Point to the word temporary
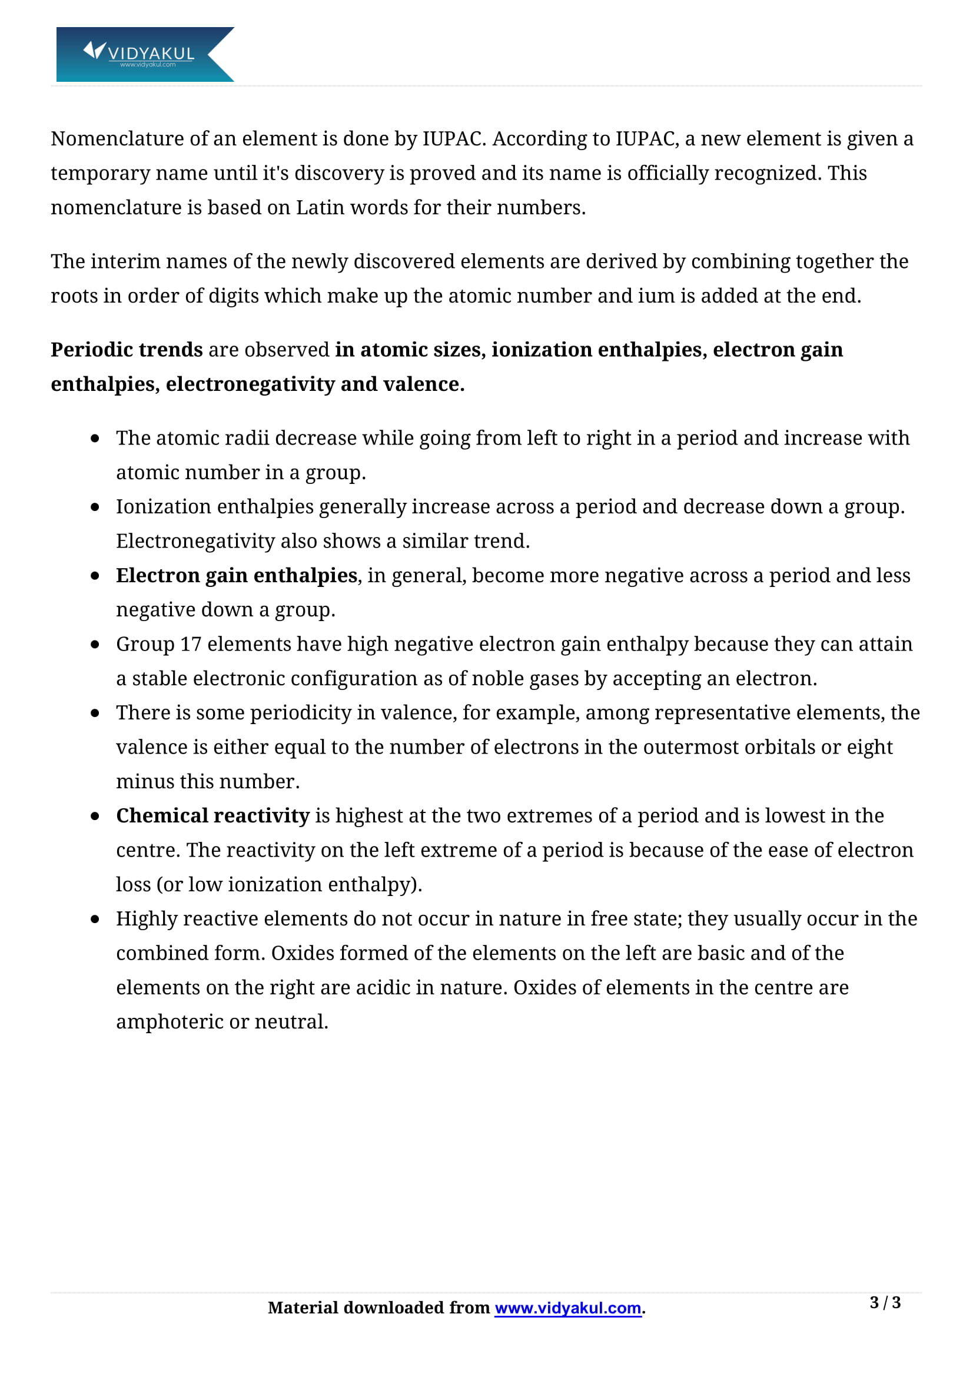click(x=100, y=173)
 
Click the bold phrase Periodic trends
click(x=127, y=350)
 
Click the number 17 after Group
click(x=191, y=644)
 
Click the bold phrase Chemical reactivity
click(x=213, y=815)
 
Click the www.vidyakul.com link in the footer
click(x=568, y=1308)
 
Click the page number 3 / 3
click(x=885, y=1302)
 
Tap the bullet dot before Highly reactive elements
click(x=95, y=919)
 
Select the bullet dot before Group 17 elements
click(x=95, y=645)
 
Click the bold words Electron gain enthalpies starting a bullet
click(x=237, y=575)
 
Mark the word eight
click(x=869, y=747)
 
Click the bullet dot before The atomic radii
click(x=95, y=439)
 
